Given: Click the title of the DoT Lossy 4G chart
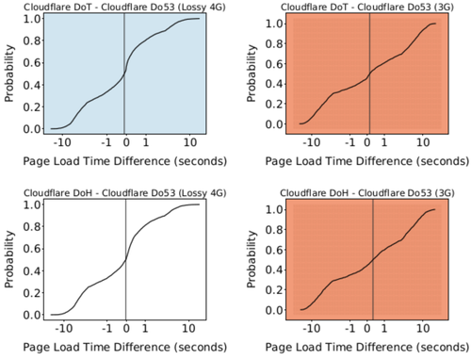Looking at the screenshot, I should click(x=121, y=7).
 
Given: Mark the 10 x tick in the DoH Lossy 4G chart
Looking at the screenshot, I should click(x=190, y=327).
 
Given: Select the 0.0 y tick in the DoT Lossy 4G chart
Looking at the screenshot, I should click(x=34, y=128).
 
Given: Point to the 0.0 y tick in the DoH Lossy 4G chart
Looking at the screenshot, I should click(x=34, y=313).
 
